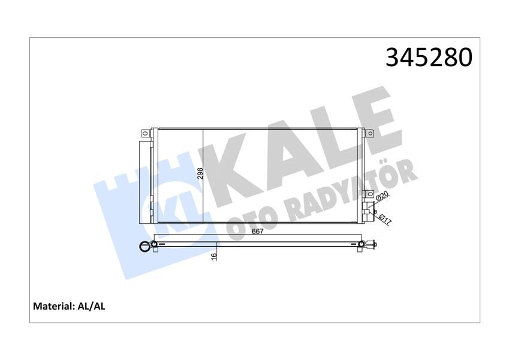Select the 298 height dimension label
pos(201,173)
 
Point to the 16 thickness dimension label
pos(213,257)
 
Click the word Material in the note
pos(53,307)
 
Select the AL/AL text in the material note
pos(91,307)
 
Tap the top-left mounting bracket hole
pos(144,133)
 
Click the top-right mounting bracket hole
pos(370,133)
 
